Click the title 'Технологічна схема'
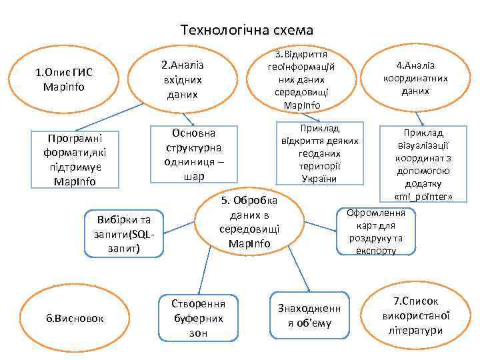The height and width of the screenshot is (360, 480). (247, 30)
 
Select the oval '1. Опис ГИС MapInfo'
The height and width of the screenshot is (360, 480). (64, 79)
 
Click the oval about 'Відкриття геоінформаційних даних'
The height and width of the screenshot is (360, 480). (302, 79)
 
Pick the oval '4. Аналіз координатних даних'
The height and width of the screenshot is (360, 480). (415, 78)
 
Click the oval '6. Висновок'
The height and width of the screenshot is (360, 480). (75, 318)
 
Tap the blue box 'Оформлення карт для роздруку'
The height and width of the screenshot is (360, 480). (376, 232)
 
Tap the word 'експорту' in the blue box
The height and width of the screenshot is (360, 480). (376, 251)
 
